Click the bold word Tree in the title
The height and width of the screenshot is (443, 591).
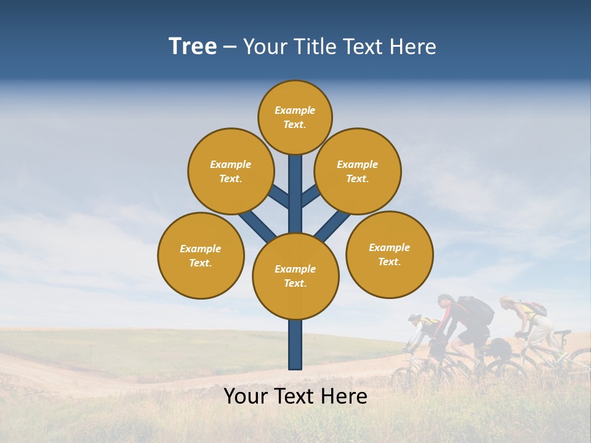pyautogui.click(x=193, y=46)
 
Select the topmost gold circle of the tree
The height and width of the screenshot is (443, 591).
pyautogui.click(x=295, y=117)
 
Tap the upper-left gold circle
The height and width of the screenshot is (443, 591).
pyautogui.click(x=231, y=171)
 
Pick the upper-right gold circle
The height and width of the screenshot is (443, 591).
pyautogui.click(x=358, y=171)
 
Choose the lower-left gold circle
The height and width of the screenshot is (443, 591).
pyautogui.click(x=201, y=255)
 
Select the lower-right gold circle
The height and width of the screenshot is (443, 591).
pyautogui.click(x=389, y=254)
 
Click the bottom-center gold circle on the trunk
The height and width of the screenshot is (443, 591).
pyautogui.click(x=295, y=276)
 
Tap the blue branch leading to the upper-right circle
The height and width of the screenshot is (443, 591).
pyautogui.click(x=310, y=196)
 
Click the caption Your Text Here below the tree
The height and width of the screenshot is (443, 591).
pyautogui.click(x=295, y=396)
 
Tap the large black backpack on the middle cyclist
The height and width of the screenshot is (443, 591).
pyautogui.click(x=476, y=311)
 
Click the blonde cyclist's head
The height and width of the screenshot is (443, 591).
pyautogui.click(x=507, y=302)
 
